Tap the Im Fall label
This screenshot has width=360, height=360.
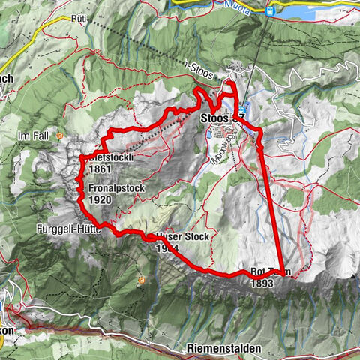(34, 136)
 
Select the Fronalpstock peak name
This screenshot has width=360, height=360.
(115, 189)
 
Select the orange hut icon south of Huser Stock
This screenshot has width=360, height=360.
(141, 280)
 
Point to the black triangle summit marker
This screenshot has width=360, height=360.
(352, 277)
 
